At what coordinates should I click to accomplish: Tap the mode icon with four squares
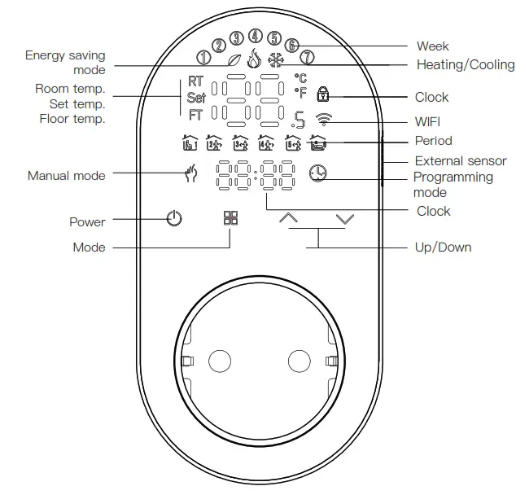230,219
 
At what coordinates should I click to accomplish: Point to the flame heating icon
255,59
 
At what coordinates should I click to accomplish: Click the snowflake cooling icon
278,59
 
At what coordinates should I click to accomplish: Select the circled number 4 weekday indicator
256,36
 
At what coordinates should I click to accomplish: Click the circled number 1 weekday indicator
204,58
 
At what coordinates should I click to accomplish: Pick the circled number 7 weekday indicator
306,58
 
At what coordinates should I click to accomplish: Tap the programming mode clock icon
317,173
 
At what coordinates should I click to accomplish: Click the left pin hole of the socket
220,361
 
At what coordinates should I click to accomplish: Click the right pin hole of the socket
299,361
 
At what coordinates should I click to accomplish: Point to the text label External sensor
461,161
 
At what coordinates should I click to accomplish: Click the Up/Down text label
443,247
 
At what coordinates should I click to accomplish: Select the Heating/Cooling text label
465,64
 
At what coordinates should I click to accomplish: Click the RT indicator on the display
196,82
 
